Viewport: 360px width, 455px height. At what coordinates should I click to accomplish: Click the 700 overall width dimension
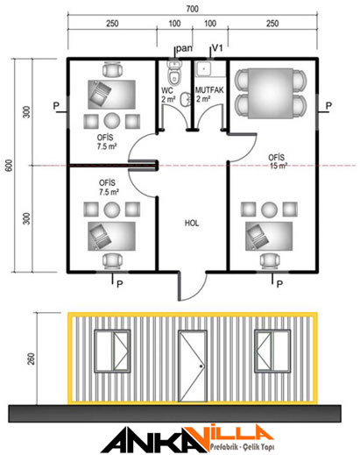pyautogui.click(x=192, y=9)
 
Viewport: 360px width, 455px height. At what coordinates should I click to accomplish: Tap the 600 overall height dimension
pyautogui.click(x=10, y=166)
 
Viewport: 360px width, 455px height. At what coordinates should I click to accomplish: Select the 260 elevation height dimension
pyautogui.click(x=31, y=359)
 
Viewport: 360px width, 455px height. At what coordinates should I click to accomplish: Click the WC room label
pyautogui.click(x=167, y=90)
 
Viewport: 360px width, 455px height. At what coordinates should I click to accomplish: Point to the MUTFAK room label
pyautogui.click(x=209, y=90)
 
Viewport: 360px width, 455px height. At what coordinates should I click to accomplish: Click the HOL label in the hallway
pyautogui.click(x=192, y=224)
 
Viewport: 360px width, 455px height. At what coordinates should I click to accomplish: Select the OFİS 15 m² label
pyautogui.click(x=278, y=161)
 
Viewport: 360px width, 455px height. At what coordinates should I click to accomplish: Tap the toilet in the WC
pyautogui.click(x=174, y=72)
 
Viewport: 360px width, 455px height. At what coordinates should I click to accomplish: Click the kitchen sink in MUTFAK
pyautogui.click(x=203, y=69)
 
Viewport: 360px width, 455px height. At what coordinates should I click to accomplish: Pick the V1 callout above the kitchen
pyautogui.click(x=217, y=47)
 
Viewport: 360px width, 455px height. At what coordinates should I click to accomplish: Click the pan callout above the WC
pyautogui.click(x=184, y=48)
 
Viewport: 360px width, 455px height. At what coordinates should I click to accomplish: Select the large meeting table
pyautogui.click(x=270, y=93)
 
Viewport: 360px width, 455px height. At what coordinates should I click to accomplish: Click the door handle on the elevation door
pyautogui.click(x=201, y=366)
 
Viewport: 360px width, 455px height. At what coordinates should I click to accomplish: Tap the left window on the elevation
pyautogui.click(x=112, y=351)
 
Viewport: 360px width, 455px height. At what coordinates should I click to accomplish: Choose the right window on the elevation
pyautogui.click(x=272, y=351)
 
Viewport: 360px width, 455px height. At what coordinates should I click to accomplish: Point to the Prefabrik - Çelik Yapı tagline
pyautogui.click(x=242, y=446)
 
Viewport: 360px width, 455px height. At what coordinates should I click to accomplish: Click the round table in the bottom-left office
pyautogui.click(x=112, y=210)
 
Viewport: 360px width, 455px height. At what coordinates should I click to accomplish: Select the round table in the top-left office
pyautogui.click(x=112, y=121)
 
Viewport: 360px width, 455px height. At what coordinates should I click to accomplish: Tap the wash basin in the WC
pyautogui.click(x=185, y=99)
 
